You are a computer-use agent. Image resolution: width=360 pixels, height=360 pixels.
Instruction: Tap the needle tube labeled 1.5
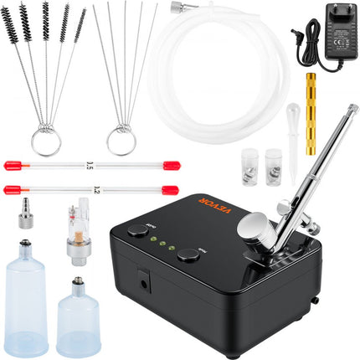point(51,166)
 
